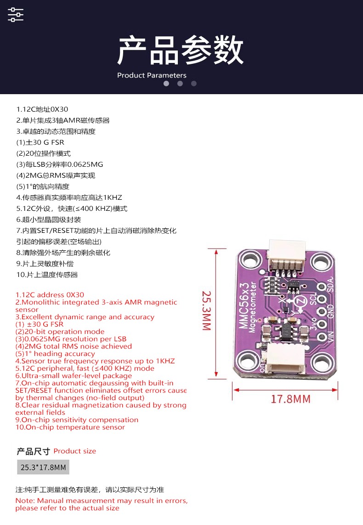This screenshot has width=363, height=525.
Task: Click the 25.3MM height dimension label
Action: tap(207, 310)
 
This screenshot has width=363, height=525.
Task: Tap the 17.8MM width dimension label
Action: tap(291, 399)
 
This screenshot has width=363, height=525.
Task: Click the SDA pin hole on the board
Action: tap(322, 287)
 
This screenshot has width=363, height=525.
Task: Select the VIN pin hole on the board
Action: tap(322, 336)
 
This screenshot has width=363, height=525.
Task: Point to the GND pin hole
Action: tap(322, 312)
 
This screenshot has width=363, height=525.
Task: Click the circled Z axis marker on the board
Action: tap(301, 301)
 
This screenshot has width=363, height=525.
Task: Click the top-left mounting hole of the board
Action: tap(248, 260)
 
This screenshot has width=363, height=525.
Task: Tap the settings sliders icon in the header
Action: tap(16, 15)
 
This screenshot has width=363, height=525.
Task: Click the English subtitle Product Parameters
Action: tap(152, 75)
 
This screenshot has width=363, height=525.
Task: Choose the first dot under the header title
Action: tap(166, 84)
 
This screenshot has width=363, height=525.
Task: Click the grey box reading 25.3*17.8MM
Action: tap(43, 467)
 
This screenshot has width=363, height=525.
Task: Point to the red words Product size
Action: tap(75, 451)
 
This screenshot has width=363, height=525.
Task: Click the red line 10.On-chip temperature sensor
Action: tap(70, 427)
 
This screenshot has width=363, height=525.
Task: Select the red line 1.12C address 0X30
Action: tap(50, 295)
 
